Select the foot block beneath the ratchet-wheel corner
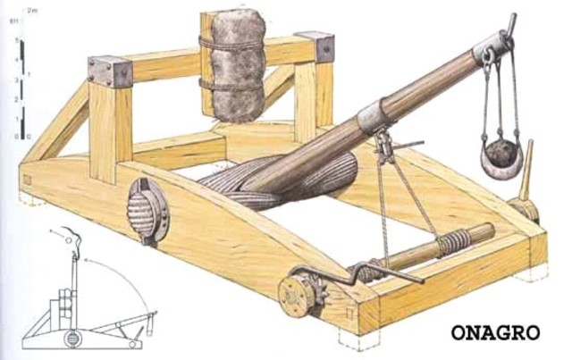click(353, 338)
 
